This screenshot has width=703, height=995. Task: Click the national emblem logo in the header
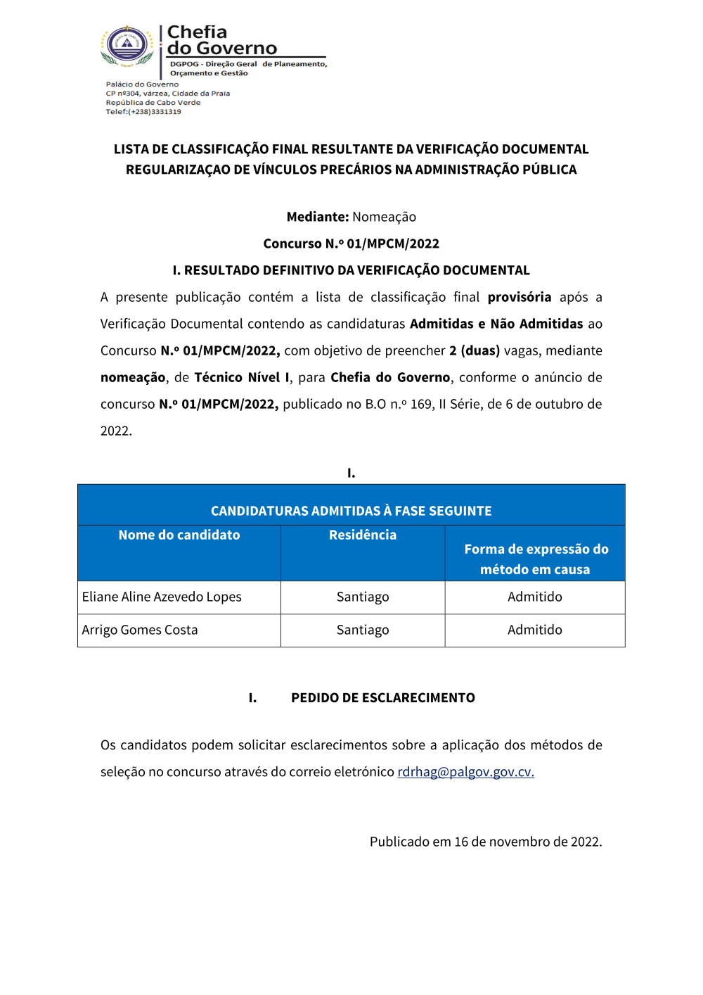(x=127, y=46)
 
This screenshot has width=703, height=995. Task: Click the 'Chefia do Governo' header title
(x=221, y=40)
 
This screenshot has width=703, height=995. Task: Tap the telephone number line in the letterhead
(x=143, y=112)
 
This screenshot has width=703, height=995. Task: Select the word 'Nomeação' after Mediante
(x=384, y=217)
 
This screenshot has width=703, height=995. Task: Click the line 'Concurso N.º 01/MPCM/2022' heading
(x=351, y=243)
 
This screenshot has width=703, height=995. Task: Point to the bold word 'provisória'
(x=519, y=297)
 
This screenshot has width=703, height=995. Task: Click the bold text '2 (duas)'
(x=475, y=350)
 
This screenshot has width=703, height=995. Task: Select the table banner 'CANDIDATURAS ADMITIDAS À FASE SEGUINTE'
(x=351, y=511)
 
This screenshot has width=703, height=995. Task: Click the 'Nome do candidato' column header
(x=179, y=535)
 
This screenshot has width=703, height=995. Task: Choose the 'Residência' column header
(x=363, y=535)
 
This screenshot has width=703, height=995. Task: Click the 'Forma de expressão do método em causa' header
(x=536, y=559)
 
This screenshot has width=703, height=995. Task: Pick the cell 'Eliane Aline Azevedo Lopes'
(x=162, y=597)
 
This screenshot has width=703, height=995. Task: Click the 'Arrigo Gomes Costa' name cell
(x=140, y=630)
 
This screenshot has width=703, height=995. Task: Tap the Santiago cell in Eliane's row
(x=363, y=597)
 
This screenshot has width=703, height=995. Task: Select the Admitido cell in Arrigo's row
(x=535, y=630)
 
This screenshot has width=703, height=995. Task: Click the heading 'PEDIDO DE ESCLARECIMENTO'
(x=383, y=697)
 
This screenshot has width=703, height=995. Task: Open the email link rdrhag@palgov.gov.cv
(x=465, y=772)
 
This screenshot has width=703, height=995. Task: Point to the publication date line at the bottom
(x=486, y=842)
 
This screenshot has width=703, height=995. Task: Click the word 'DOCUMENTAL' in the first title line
(x=545, y=149)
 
